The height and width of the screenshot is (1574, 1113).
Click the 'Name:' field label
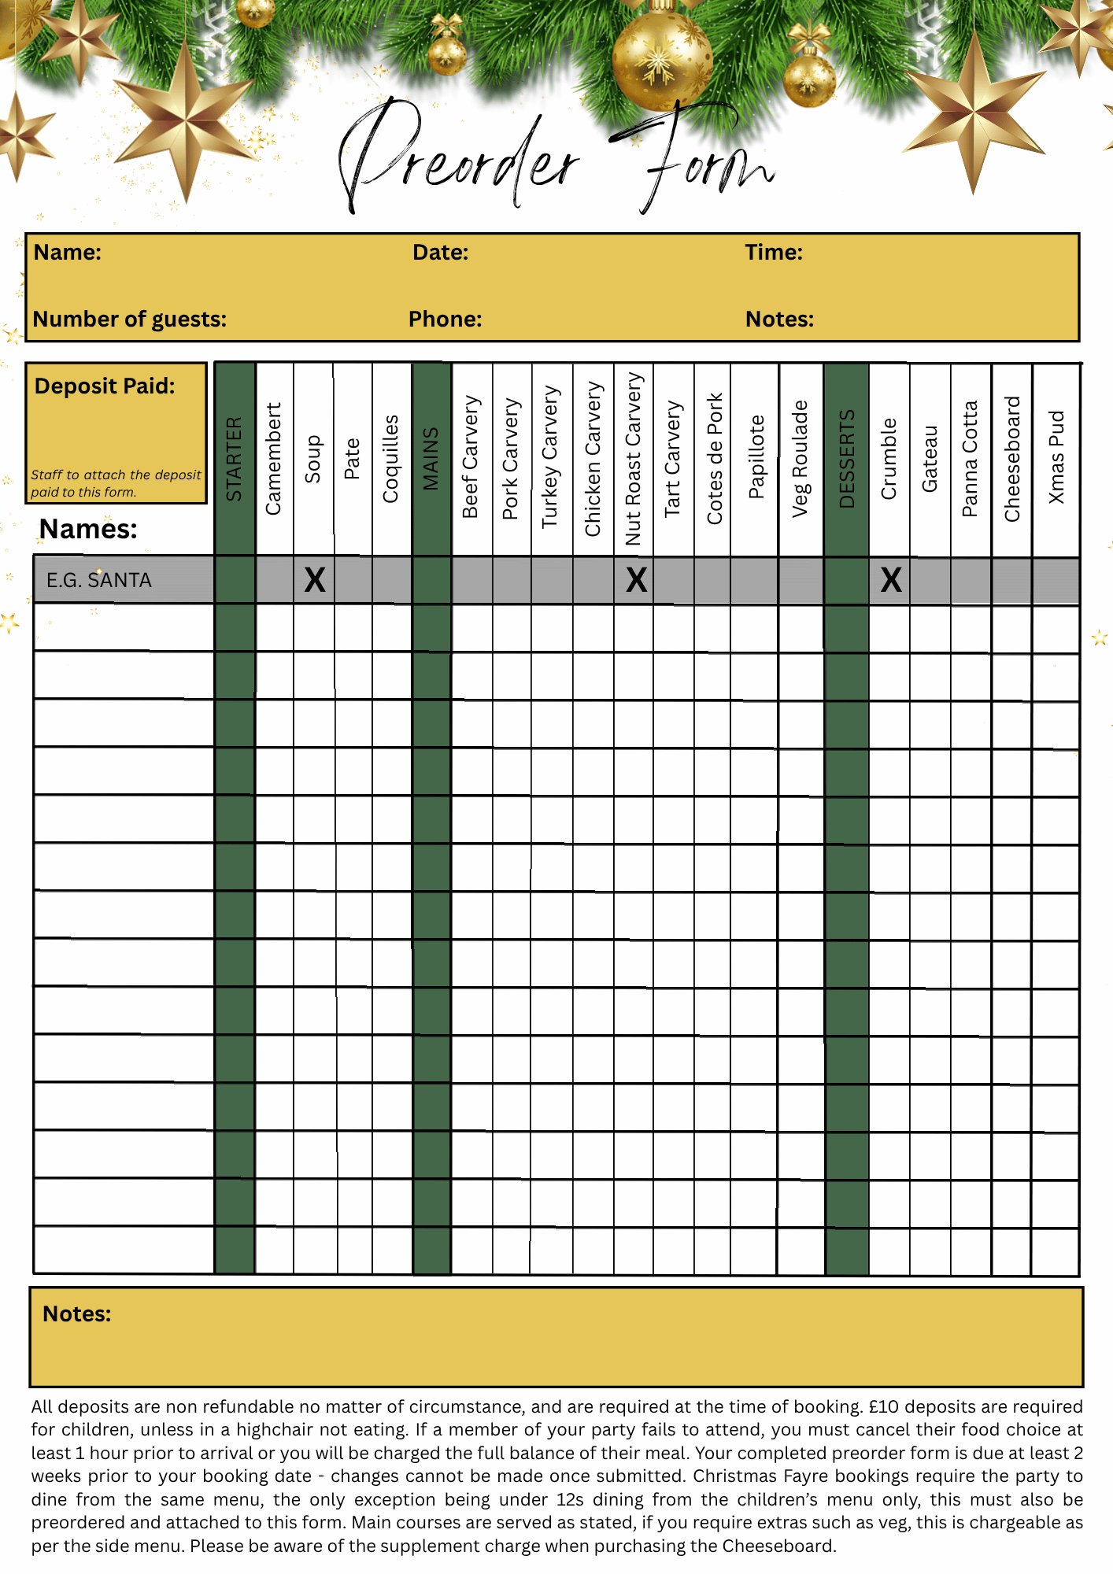(x=68, y=253)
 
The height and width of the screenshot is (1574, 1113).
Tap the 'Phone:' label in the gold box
(x=445, y=320)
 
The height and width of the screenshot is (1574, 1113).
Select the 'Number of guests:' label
(x=130, y=320)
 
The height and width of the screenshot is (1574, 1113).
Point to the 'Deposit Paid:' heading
(x=105, y=386)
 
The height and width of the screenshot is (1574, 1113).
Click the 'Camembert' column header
(x=273, y=459)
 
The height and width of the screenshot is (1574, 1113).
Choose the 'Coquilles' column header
(x=390, y=459)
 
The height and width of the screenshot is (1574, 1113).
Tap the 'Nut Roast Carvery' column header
(x=634, y=459)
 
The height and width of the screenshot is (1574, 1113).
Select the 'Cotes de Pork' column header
(x=714, y=459)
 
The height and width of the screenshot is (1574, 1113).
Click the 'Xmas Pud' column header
(x=1056, y=457)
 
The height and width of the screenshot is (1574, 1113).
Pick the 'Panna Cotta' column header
(x=970, y=459)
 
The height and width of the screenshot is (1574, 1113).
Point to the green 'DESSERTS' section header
(x=847, y=459)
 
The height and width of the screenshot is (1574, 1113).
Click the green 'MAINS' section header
(x=431, y=459)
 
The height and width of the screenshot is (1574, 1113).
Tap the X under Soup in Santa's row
(x=315, y=581)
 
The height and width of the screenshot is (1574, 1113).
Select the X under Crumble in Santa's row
(x=891, y=581)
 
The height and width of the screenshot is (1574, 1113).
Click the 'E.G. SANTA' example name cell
(x=99, y=581)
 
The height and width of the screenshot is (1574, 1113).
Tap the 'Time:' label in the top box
(x=774, y=253)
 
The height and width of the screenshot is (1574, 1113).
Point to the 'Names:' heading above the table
(x=88, y=529)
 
